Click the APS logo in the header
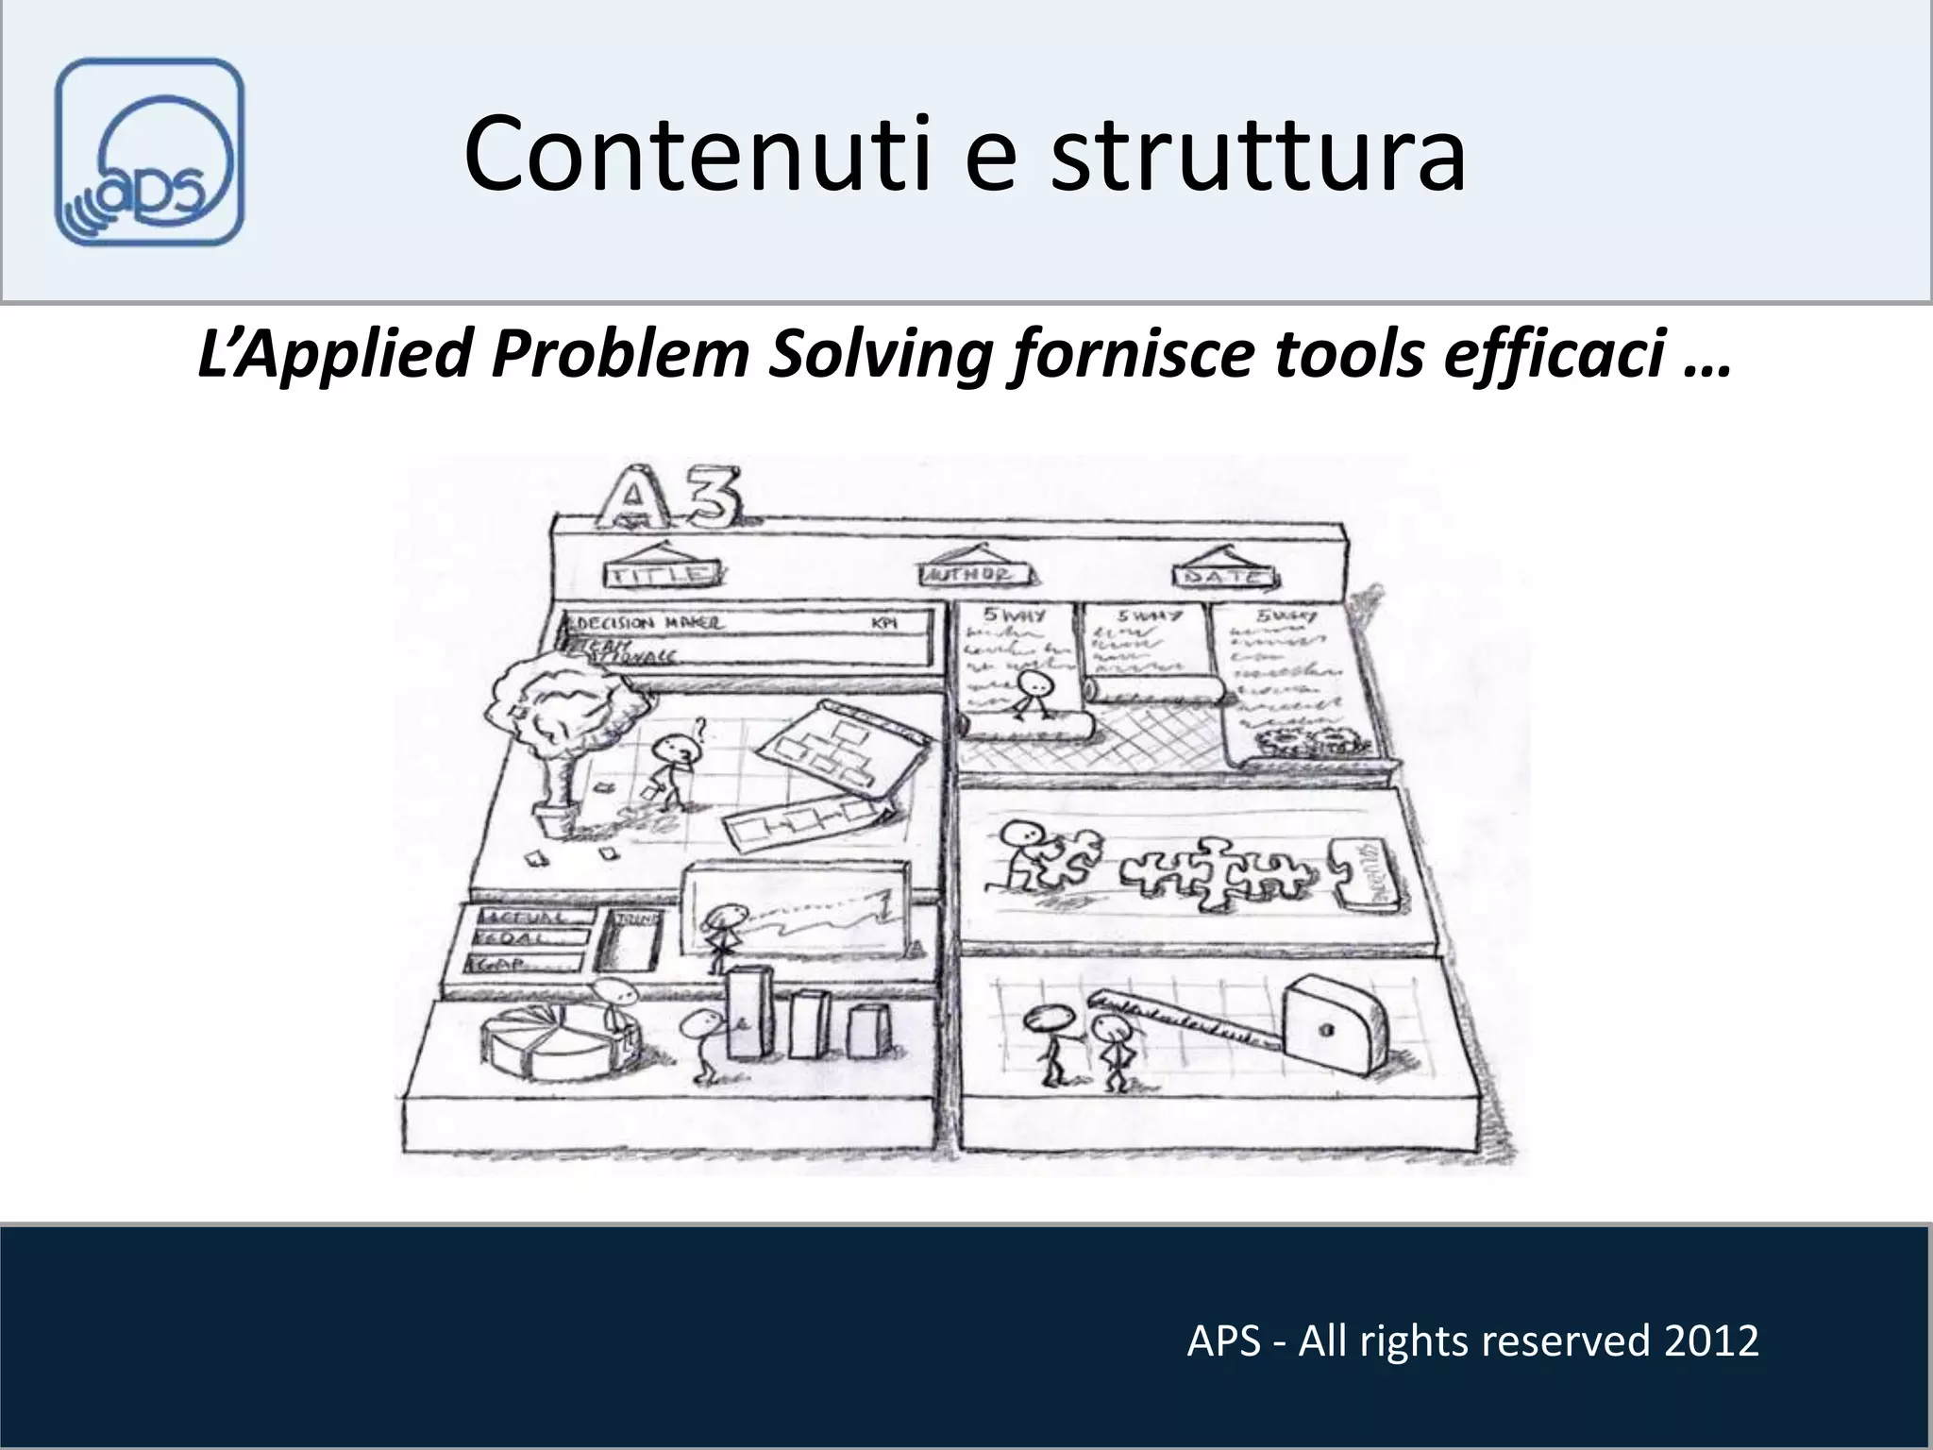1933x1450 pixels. click(x=149, y=152)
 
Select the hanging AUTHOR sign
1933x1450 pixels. click(x=976, y=573)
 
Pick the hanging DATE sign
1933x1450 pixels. click(x=1224, y=575)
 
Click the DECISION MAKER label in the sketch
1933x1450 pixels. click(x=651, y=623)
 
